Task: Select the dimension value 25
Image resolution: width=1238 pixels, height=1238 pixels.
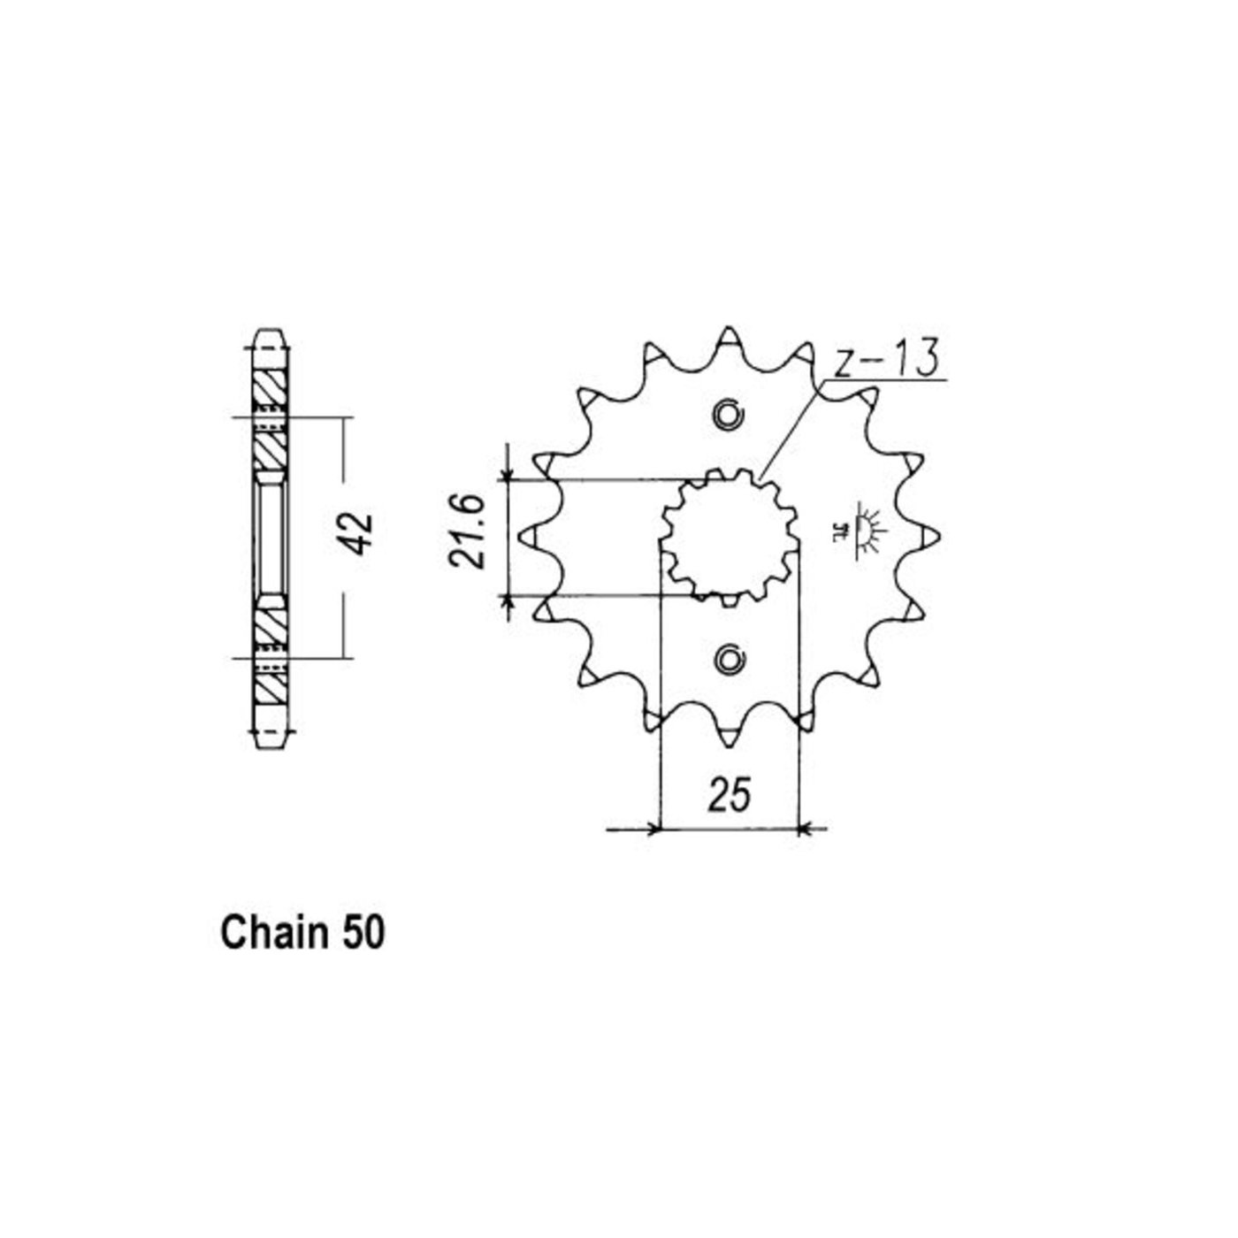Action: (x=729, y=794)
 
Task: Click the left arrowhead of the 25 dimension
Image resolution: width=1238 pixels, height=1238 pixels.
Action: (x=653, y=829)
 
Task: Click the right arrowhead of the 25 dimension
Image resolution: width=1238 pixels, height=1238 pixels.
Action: (x=805, y=829)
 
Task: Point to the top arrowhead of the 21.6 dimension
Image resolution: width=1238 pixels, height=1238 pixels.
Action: (x=507, y=475)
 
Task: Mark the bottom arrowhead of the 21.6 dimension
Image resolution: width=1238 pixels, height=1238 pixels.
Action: (x=507, y=601)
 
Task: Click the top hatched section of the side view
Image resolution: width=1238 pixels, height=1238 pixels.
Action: (x=269, y=387)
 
